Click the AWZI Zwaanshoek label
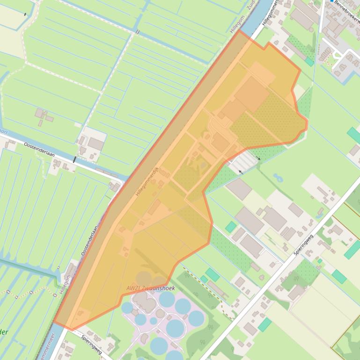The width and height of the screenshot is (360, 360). click(x=150, y=288)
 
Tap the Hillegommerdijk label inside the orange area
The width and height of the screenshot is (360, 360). click(x=148, y=181)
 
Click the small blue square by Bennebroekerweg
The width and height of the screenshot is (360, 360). click(x=331, y=1)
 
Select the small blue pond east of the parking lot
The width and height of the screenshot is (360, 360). click(x=278, y=178)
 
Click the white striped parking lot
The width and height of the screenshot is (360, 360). click(x=243, y=162)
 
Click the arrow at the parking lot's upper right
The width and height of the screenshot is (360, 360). click(x=257, y=159)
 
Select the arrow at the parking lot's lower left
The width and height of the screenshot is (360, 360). click(x=241, y=172)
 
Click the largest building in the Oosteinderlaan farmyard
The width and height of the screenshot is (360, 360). click(x=96, y=144)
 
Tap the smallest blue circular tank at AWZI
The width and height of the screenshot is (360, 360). click(x=154, y=321)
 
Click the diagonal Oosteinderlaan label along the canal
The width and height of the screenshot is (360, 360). click(x=91, y=239)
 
